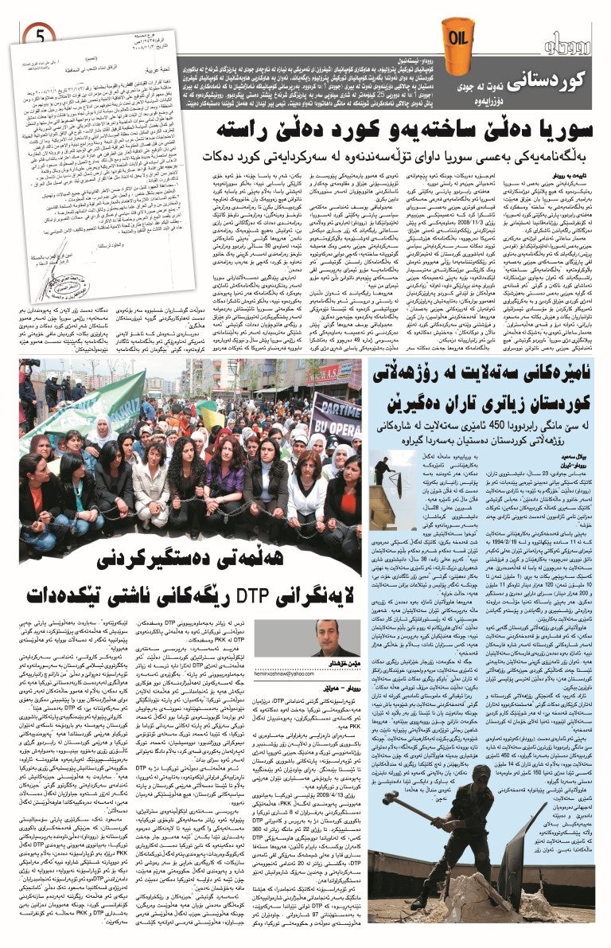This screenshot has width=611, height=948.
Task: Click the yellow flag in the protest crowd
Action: point(208,414)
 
